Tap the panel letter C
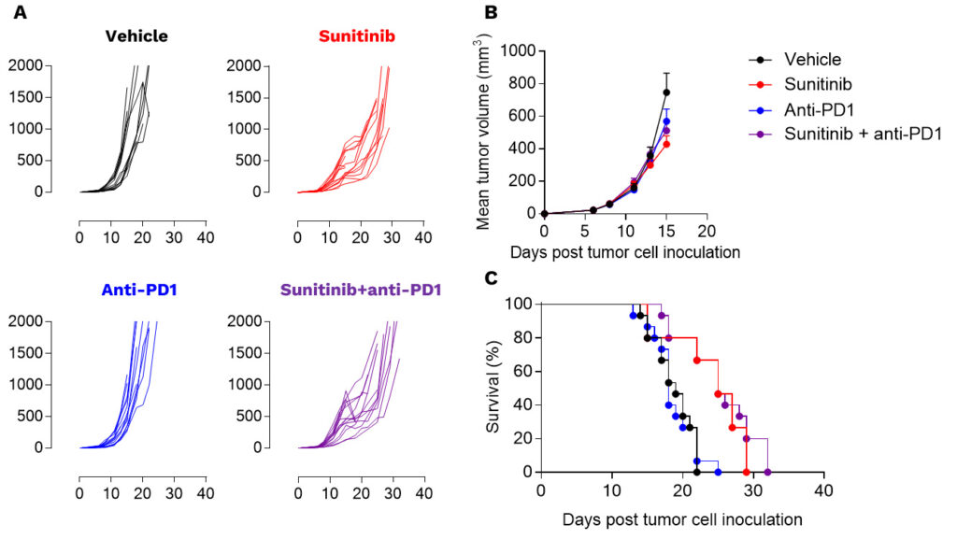pos(490,279)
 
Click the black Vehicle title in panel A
pos(136,36)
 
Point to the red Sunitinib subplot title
pos(355,36)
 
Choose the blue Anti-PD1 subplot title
pos(136,291)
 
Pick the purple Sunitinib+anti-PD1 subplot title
pos(355,291)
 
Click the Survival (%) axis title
pos(493,388)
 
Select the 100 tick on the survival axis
pos(521,305)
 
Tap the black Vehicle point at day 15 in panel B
pos(666,92)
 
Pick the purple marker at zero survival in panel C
pos(767,473)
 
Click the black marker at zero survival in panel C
pos(696,473)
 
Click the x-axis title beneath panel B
pos(623,252)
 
